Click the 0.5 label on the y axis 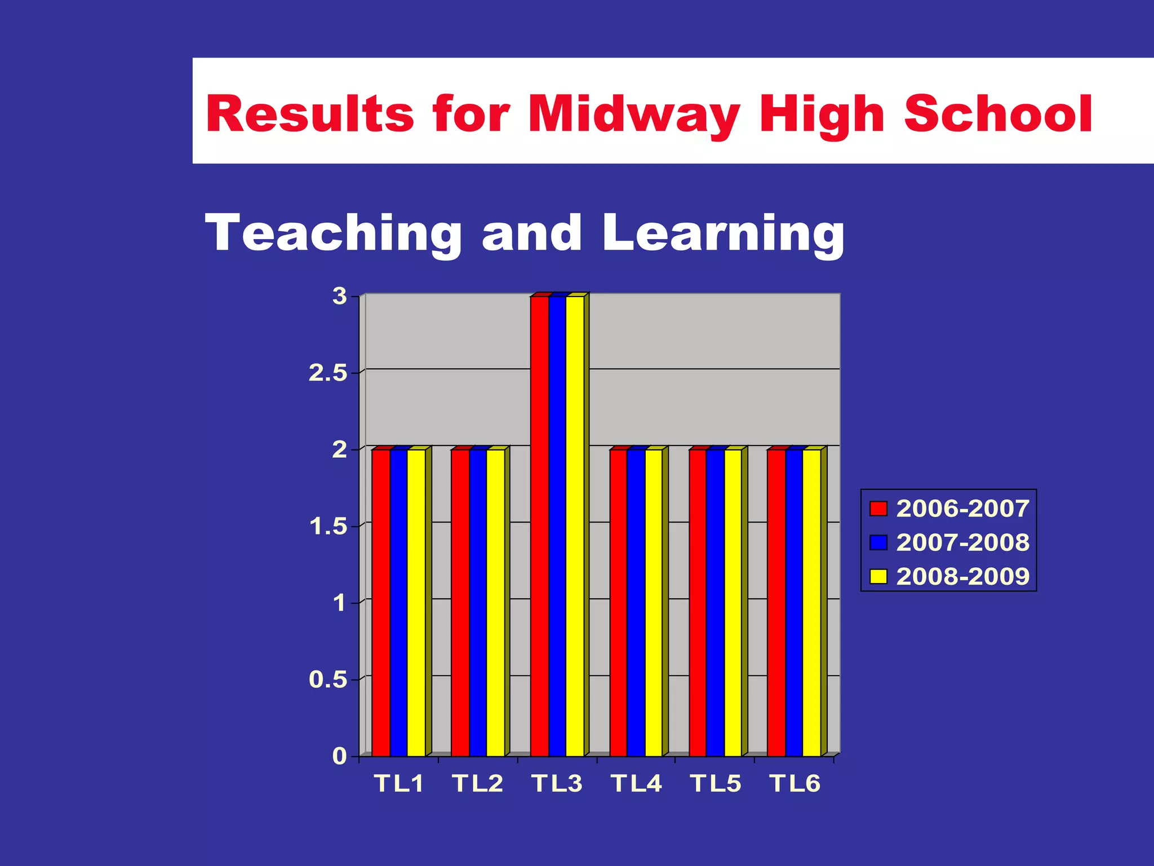point(328,680)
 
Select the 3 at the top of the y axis point(340,296)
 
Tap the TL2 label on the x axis point(477,784)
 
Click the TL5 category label point(716,784)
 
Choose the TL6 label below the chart point(795,784)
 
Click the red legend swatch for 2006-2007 point(878,509)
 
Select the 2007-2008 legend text point(962,542)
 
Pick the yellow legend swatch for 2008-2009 point(878,576)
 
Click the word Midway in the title point(633,114)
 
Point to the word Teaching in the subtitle point(334,233)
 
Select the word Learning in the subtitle point(723,233)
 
